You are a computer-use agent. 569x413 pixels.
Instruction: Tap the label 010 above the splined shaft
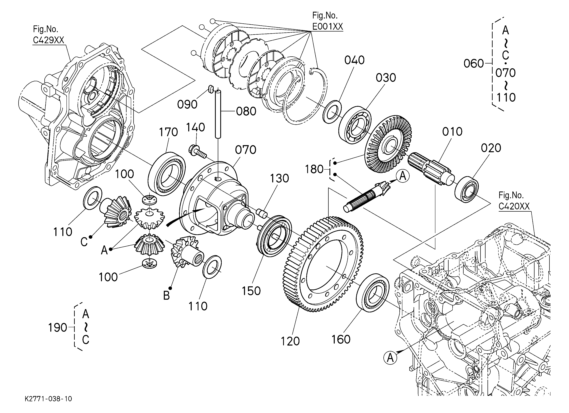[x=452, y=132]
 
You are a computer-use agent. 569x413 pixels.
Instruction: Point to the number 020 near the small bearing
[x=491, y=148]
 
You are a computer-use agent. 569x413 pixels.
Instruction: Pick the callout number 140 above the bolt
[x=195, y=127]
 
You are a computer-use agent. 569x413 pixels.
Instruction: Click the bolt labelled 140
[x=197, y=152]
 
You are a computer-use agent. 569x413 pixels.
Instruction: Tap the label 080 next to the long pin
[x=246, y=111]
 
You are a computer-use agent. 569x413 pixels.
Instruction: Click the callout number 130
[x=279, y=178]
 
